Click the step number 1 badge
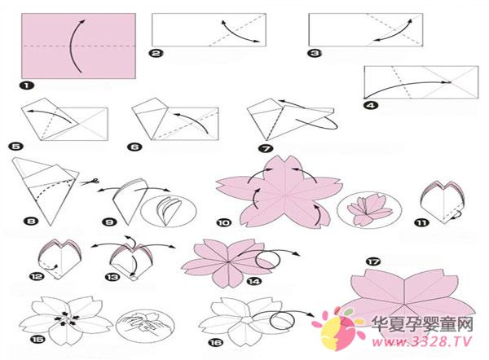pos(27,85)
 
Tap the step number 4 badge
pos(371,105)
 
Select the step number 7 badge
pos(266,149)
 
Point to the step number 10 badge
pos(224,222)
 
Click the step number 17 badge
pos(373,261)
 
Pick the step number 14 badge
pos(254,282)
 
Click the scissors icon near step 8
pos(89,182)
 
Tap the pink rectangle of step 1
pos(78,46)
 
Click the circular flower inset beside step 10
pos(369,209)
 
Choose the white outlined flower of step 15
pos(66,320)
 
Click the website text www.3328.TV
pos(421,342)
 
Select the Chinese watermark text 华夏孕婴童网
pos(422,325)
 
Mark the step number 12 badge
pos(37,276)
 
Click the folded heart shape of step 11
pos(443,201)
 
